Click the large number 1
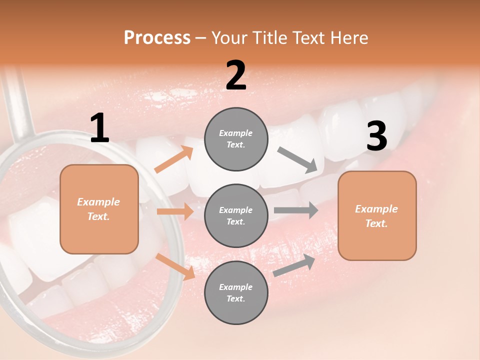(99, 128)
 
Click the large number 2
(236, 76)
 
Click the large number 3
(376, 136)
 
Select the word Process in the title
(157, 38)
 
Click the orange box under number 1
(99, 209)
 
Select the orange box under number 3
(377, 215)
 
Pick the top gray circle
(236, 139)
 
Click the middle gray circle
(236, 215)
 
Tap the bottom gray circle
(236, 292)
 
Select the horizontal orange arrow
(175, 211)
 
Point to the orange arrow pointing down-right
(175, 266)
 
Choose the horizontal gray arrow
(295, 210)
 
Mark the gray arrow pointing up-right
(294, 265)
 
